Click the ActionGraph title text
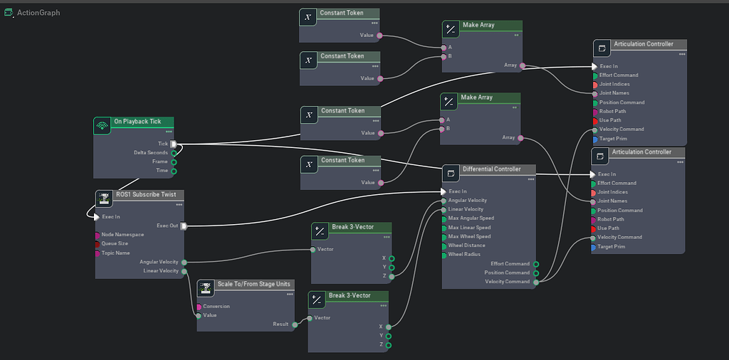pyautogui.click(x=38, y=13)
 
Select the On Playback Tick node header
pyautogui.click(x=137, y=122)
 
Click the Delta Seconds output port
pyautogui.click(x=174, y=153)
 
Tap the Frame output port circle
pyautogui.click(x=174, y=162)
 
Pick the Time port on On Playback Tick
pyautogui.click(x=174, y=171)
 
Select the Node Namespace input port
pyautogui.click(x=98, y=235)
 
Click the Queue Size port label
pyautogui.click(x=115, y=243)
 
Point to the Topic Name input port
pyautogui.click(x=98, y=253)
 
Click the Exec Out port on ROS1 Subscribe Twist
pyautogui.click(x=184, y=226)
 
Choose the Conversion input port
pyautogui.click(x=199, y=307)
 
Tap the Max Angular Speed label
pyautogui.click(x=471, y=218)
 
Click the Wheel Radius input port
pyautogui.click(x=444, y=255)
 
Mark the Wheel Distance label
pyautogui.click(x=467, y=245)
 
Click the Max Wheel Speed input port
pyautogui.click(x=444, y=237)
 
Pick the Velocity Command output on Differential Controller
pyautogui.click(x=536, y=282)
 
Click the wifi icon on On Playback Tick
pyautogui.click(x=103, y=126)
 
